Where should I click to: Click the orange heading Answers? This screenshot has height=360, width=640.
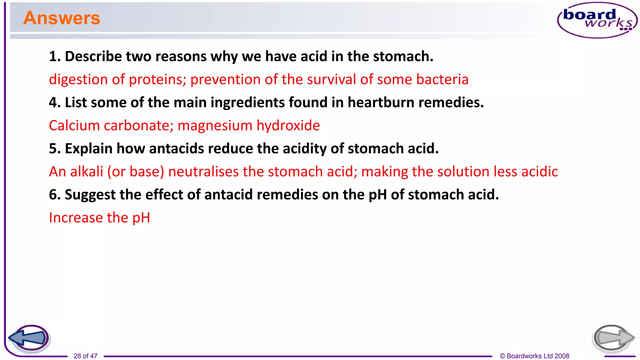click(x=62, y=18)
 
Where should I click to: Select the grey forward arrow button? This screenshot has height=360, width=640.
click(x=613, y=338)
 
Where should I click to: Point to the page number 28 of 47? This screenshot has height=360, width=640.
click(x=85, y=356)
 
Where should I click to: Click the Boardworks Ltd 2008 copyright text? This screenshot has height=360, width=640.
click(x=534, y=356)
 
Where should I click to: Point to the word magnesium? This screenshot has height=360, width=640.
click(x=215, y=126)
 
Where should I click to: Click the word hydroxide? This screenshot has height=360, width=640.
click(x=288, y=126)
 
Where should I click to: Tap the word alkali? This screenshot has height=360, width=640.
click(x=87, y=172)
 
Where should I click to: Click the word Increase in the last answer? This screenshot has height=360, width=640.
click(x=76, y=218)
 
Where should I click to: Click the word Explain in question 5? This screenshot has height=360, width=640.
click(x=88, y=149)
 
